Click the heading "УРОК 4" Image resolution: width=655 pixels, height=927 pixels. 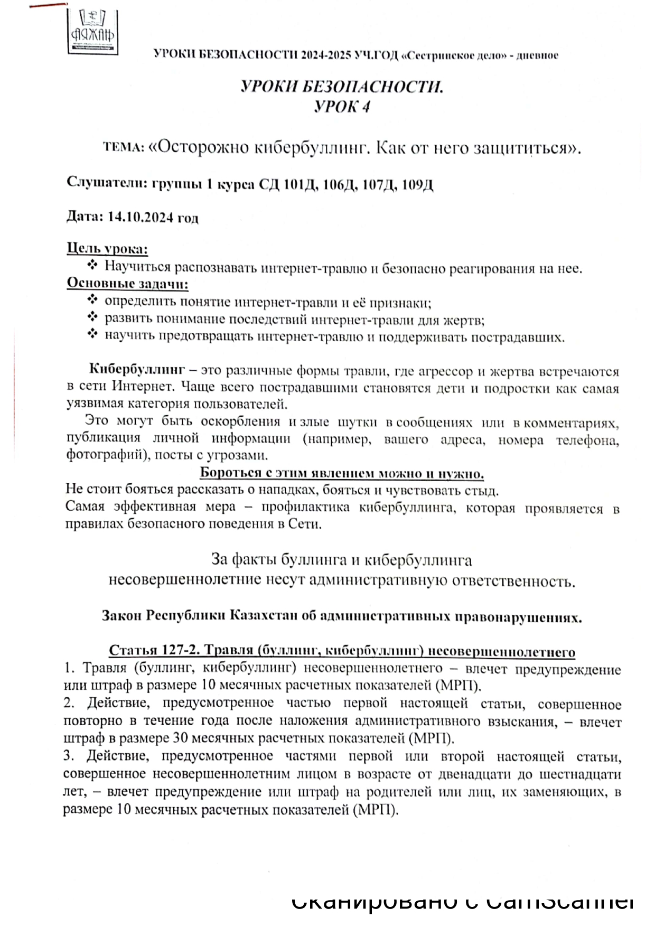pos(342,107)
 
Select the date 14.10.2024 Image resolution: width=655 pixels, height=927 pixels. pos(141,217)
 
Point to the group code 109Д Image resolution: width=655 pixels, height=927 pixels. pos(417,185)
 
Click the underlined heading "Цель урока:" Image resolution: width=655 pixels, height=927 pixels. pos(107,249)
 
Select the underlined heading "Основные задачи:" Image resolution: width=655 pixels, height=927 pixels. pos(127,284)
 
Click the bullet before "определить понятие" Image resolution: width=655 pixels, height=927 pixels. pos(92,301)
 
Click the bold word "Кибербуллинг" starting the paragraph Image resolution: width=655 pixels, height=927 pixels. pos(137,369)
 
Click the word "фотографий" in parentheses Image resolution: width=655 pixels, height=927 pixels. pos(103,455)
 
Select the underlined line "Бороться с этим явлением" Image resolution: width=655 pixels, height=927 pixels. pos(342,473)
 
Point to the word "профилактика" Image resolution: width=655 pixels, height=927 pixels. pos(305,508)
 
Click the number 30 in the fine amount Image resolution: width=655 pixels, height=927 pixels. pos(181,738)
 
